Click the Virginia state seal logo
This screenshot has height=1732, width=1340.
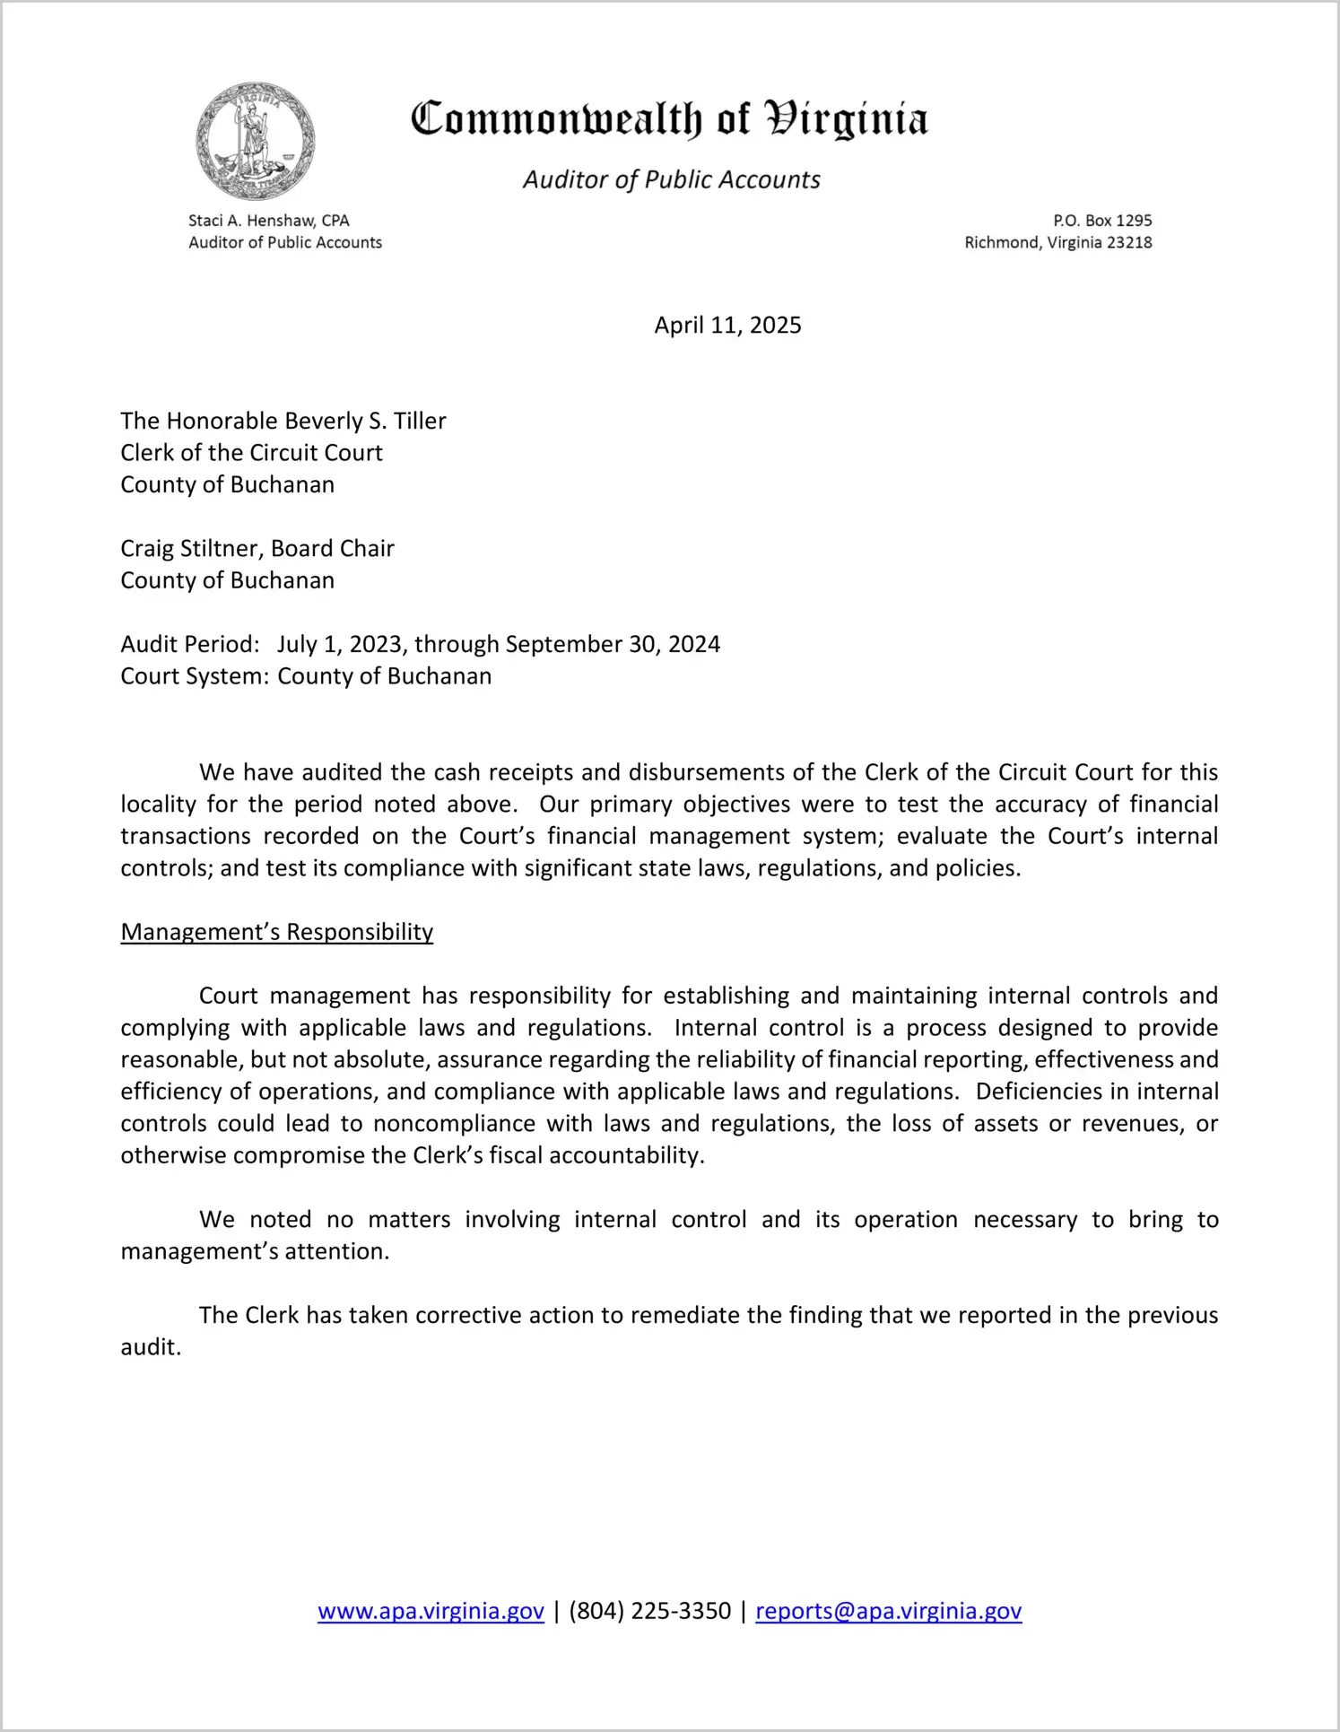pos(256,142)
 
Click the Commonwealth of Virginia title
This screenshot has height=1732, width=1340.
pos(669,119)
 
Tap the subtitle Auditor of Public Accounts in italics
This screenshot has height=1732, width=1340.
pos(671,180)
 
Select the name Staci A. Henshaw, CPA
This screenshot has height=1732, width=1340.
pos(268,221)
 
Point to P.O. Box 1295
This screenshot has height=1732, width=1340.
pos(1102,221)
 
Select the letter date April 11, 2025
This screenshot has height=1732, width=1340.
pos(727,326)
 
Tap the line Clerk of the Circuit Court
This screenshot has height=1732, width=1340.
pos(251,453)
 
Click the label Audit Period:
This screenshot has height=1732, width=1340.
pos(190,645)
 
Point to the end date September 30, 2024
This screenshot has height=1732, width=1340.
pos(613,645)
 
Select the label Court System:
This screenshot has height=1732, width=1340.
pos(195,676)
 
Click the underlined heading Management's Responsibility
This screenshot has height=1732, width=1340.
pos(276,933)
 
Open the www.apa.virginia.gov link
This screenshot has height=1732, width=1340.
pos(431,1612)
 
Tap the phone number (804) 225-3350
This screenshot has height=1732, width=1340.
pos(649,1612)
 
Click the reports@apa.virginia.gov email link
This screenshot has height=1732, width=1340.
pos(888,1612)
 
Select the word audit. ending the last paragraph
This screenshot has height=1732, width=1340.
pos(151,1348)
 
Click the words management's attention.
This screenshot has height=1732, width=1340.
pos(255,1252)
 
